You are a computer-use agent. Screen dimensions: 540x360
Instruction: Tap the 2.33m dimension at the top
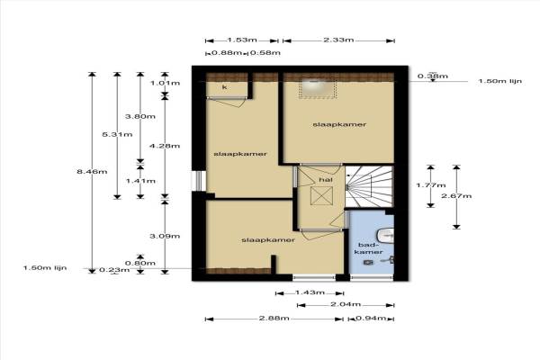[338, 40]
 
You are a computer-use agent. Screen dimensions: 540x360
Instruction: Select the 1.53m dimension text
[242, 40]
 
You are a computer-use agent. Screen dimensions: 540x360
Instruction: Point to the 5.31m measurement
[117, 134]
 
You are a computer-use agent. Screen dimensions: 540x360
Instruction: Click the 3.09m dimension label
[165, 236]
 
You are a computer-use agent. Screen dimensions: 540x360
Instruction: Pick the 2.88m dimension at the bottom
[274, 318]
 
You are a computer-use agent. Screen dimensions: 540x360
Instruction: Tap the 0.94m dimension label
[371, 318]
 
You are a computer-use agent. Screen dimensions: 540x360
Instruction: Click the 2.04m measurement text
[346, 304]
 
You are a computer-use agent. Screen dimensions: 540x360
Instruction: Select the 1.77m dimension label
[431, 185]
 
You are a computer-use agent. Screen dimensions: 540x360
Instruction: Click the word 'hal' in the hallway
[326, 179]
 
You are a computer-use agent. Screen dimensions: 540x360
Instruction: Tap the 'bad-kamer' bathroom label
[368, 248]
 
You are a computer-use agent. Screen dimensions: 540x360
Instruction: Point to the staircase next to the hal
[369, 186]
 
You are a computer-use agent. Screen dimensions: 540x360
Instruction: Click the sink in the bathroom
[386, 236]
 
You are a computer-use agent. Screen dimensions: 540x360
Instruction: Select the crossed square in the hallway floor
[321, 195]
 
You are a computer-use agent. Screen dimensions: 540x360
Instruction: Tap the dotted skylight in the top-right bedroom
[317, 89]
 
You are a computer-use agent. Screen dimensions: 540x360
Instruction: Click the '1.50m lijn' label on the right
[500, 81]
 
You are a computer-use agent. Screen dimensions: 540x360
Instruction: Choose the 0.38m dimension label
[433, 76]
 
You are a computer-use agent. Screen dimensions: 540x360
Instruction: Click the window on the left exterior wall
[199, 181]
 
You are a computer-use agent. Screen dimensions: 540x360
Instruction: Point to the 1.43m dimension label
[310, 292]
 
